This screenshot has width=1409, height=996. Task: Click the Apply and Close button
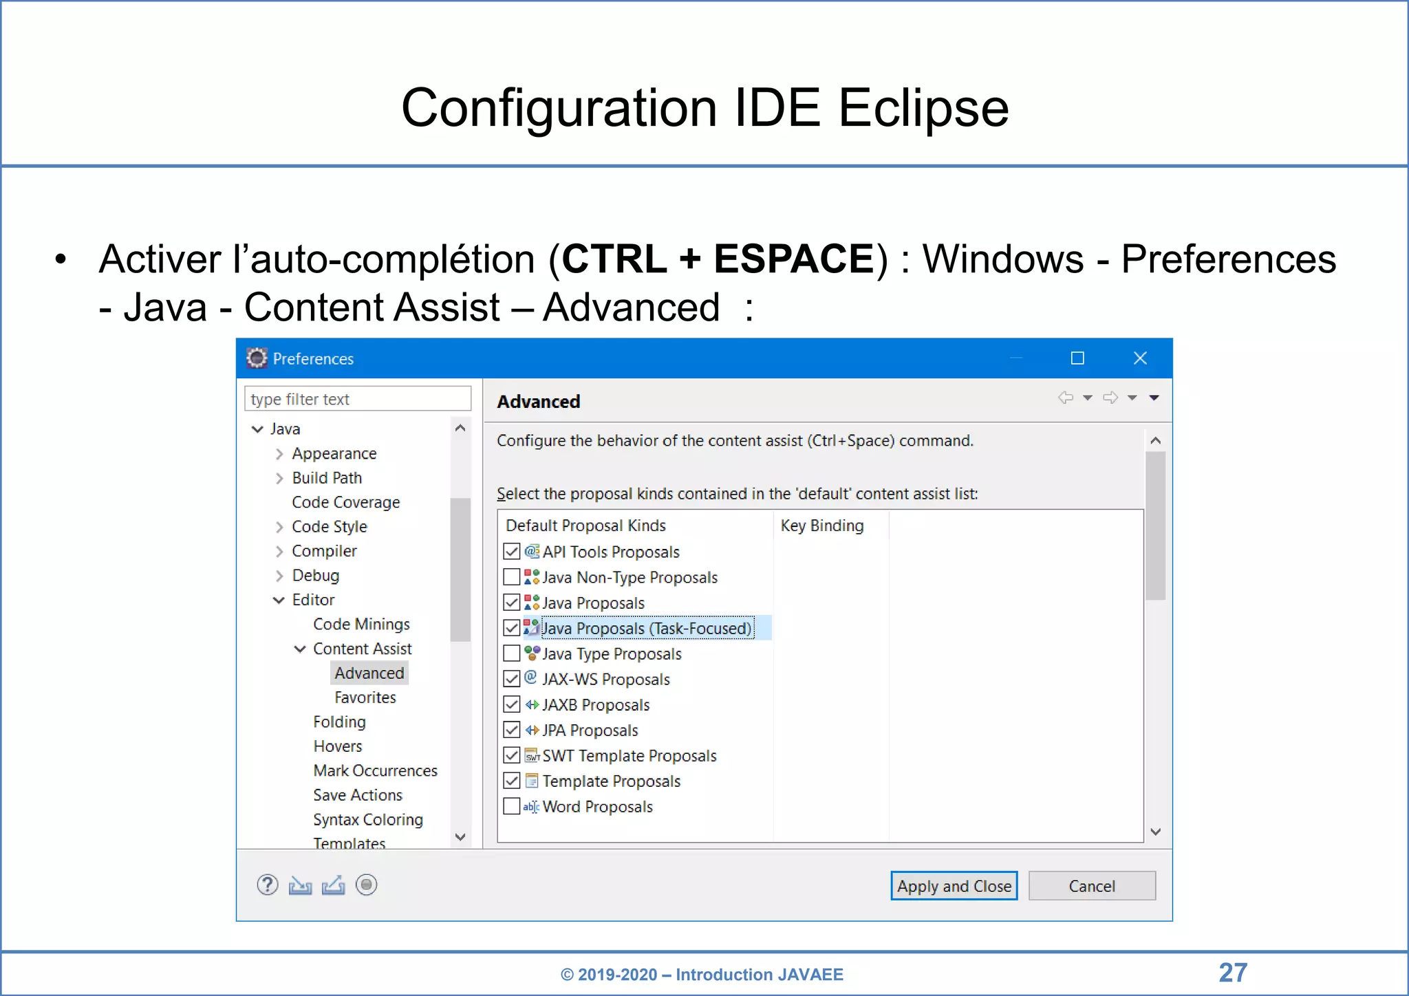pyautogui.click(x=954, y=886)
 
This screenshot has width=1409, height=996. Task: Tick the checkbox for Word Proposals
pyautogui.click(x=512, y=806)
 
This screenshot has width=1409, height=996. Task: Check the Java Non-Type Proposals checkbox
pyautogui.click(x=512, y=577)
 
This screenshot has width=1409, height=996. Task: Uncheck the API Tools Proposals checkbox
pyautogui.click(x=512, y=552)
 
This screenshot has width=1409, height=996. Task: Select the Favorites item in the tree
pyautogui.click(x=365, y=697)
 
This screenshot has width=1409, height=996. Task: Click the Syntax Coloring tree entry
pyautogui.click(x=368, y=819)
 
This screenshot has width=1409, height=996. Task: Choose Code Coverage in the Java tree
pyautogui.click(x=345, y=502)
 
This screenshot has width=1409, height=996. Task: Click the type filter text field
pyautogui.click(x=358, y=399)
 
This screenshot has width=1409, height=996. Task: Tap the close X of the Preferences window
pyautogui.click(x=1140, y=358)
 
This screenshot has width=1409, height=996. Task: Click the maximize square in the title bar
pyautogui.click(x=1077, y=358)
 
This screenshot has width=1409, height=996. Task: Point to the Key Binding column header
pyautogui.click(x=822, y=526)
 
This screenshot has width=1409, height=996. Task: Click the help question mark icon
pyautogui.click(x=268, y=885)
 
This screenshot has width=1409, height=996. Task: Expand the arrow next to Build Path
pyautogui.click(x=279, y=478)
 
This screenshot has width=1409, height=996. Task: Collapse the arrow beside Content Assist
pyautogui.click(x=300, y=649)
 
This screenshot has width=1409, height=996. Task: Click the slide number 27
pyautogui.click(x=1233, y=973)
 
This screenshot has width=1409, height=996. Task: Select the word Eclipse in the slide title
pyautogui.click(x=923, y=108)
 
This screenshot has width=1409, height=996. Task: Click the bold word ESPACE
pyautogui.click(x=793, y=259)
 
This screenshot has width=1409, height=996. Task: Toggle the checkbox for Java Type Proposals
pyautogui.click(x=512, y=653)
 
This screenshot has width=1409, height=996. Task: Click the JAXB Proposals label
pyautogui.click(x=596, y=705)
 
